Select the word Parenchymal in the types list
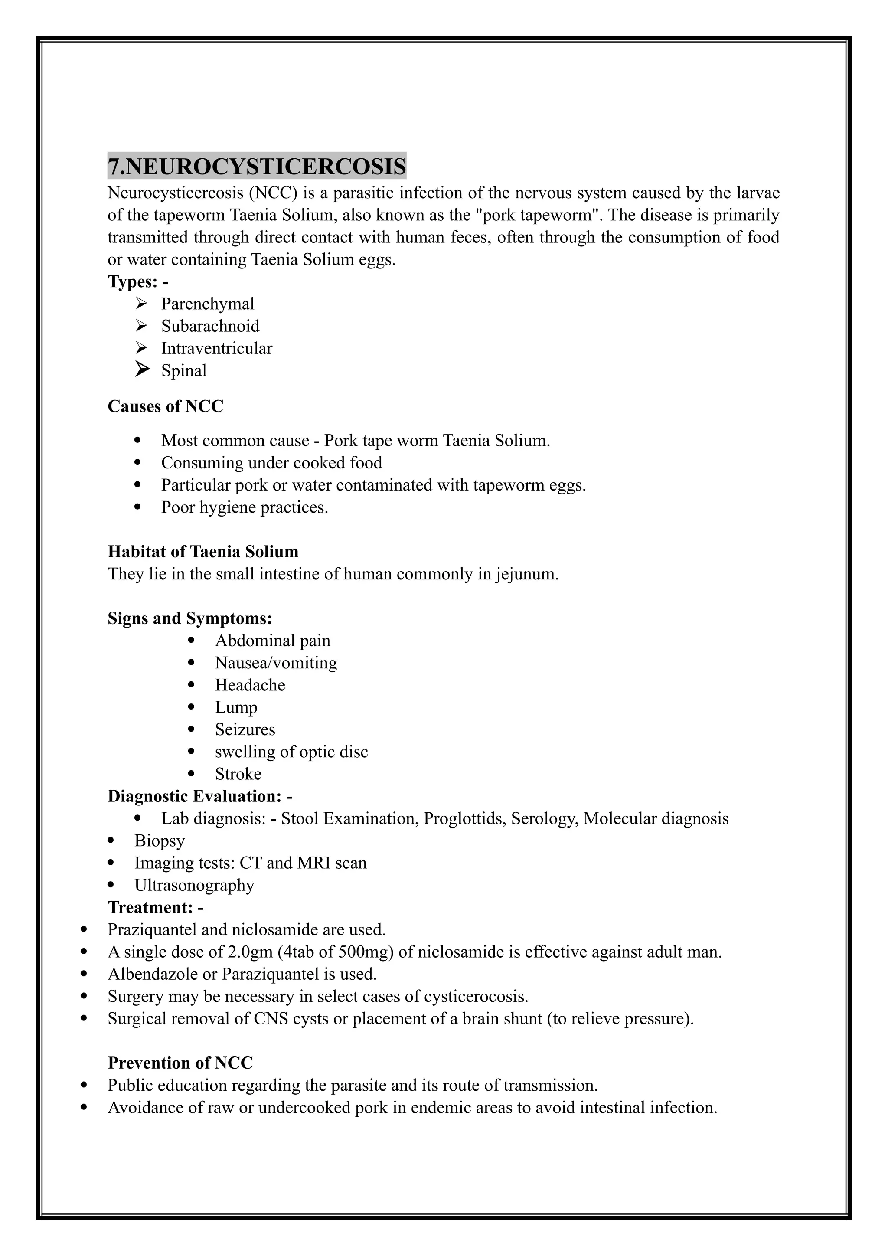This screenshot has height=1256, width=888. pos(207,304)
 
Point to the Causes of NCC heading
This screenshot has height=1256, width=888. pos(165,406)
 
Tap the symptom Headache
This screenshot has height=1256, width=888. pos(250,685)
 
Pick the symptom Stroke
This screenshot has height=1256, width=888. pos(238,774)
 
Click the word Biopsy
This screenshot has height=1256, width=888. pos(160,841)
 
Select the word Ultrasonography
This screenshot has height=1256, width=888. pos(194,885)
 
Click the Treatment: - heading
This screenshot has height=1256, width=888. pos(156,908)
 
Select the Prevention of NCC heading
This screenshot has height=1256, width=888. pos(180,1063)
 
